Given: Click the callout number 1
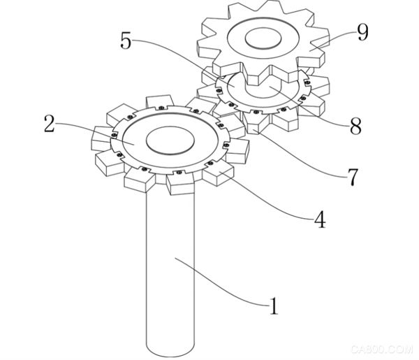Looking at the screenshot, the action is (x=273, y=305).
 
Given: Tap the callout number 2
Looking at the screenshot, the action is (x=50, y=124).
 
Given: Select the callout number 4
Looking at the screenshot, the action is (x=319, y=219).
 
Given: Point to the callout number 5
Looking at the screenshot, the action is (x=126, y=41).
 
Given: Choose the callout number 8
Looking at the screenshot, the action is (x=355, y=125).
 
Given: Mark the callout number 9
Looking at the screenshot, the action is (x=362, y=33).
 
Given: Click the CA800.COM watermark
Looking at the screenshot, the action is (x=382, y=349).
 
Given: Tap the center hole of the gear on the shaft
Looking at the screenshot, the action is (x=170, y=141).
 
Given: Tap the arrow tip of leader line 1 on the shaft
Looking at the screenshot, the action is (x=175, y=258).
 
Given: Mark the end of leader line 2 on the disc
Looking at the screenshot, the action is (x=133, y=144).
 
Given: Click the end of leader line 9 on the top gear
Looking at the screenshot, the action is (x=310, y=50).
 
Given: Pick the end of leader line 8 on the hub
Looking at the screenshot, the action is (x=270, y=87).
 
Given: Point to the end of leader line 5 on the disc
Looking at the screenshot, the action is (x=234, y=86).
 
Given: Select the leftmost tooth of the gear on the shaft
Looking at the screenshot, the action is (x=101, y=138).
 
